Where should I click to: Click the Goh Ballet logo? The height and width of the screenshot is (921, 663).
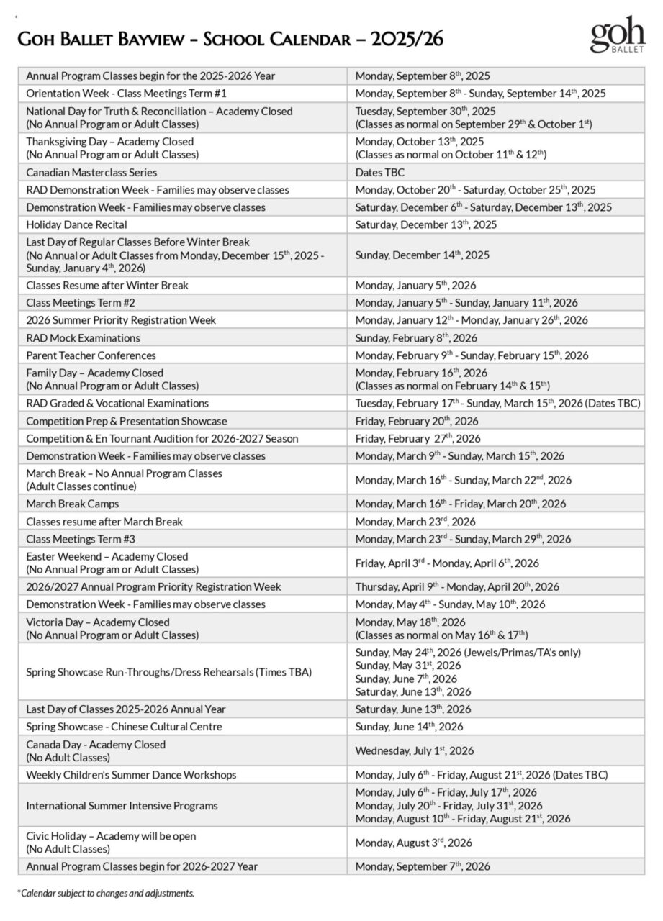coord(618,35)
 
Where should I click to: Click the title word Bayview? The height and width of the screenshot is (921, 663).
coord(160,39)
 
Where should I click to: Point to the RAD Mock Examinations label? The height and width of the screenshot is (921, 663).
coord(83,337)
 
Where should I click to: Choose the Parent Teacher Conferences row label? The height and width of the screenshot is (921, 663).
coord(91,355)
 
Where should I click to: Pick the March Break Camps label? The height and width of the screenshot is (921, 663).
coord(73,504)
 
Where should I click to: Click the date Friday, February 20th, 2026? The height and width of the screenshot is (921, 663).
coord(417,421)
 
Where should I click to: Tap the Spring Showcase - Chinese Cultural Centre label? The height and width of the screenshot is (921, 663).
coord(124,727)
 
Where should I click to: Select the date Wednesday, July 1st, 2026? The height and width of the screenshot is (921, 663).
coord(415,750)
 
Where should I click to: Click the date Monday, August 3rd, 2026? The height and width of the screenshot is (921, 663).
coord(414,843)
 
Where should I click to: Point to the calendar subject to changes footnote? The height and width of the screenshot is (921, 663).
coord(106,893)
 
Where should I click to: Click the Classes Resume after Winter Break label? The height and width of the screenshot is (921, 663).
coord(107,285)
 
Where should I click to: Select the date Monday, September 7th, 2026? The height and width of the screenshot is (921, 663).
coord(423,866)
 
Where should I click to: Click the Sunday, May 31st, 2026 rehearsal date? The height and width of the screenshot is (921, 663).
coord(408,666)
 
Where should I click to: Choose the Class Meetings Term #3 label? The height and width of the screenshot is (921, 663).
coord(81,539)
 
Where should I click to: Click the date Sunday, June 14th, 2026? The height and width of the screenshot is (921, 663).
coord(410,727)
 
